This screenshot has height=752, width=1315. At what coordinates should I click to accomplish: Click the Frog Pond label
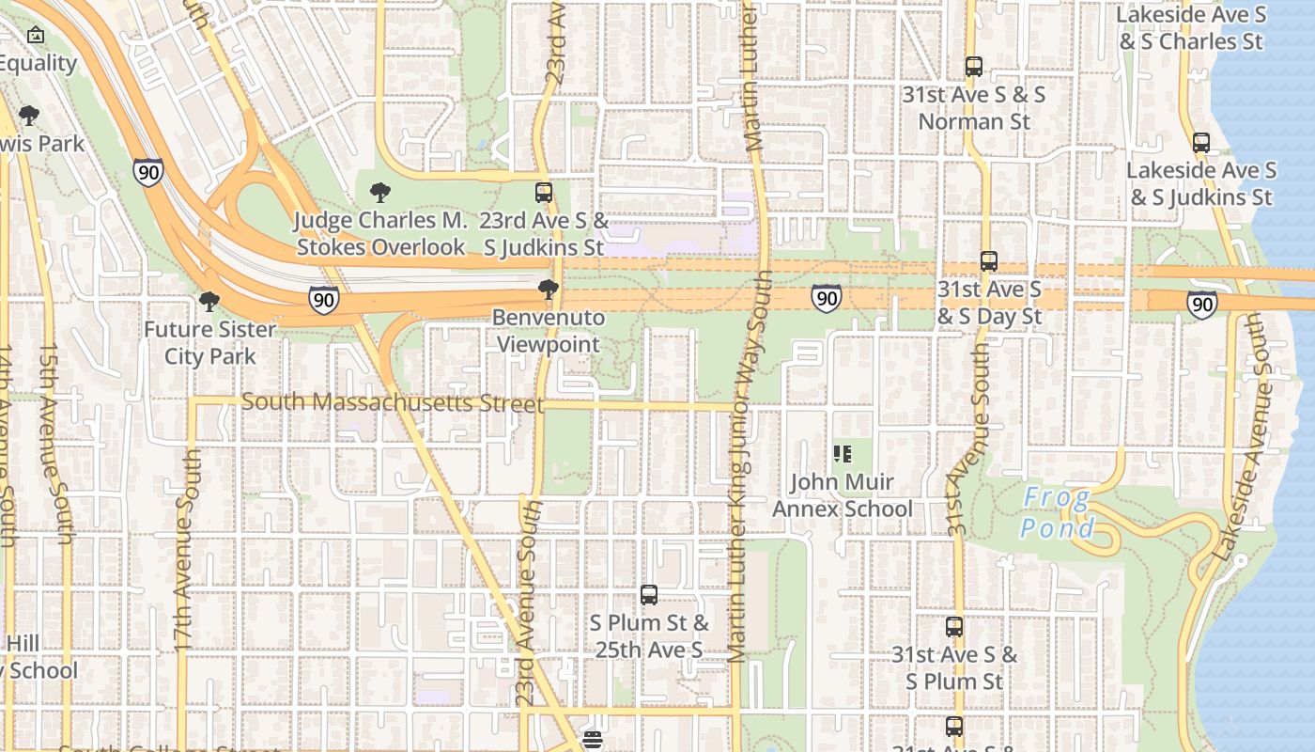point(1058,512)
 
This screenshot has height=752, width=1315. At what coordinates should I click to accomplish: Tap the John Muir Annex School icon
point(842,455)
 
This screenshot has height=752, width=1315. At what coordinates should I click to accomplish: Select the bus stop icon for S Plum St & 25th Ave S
point(648,595)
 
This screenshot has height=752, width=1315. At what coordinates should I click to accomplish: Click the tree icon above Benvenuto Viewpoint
point(549,290)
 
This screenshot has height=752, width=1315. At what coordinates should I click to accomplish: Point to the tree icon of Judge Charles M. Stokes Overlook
point(380,194)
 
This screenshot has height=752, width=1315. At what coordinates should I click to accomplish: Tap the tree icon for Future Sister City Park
point(209,302)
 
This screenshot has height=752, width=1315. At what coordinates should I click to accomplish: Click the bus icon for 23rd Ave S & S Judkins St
point(544,193)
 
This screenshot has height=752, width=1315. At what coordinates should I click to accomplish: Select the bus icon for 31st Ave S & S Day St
point(988,261)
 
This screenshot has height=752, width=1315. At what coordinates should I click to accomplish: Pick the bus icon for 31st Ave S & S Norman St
point(974,67)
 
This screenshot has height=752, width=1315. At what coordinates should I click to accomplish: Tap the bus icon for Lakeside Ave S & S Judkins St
point(1201,143)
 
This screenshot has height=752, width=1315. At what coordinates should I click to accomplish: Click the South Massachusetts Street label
point(393,402)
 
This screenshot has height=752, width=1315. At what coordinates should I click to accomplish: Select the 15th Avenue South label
point(54,442)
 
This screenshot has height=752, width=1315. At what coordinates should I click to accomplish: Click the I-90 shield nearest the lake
point(1201,304)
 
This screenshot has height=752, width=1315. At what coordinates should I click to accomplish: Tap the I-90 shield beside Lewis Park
point(147,172)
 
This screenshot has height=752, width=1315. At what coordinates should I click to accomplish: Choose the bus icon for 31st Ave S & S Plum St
point(954,627)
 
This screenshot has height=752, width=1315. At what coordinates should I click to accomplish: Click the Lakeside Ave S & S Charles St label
point(1191,28)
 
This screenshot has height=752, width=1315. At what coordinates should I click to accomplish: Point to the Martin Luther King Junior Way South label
point(747,470)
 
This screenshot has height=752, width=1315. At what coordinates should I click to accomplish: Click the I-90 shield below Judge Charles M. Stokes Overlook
point(323,300)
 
